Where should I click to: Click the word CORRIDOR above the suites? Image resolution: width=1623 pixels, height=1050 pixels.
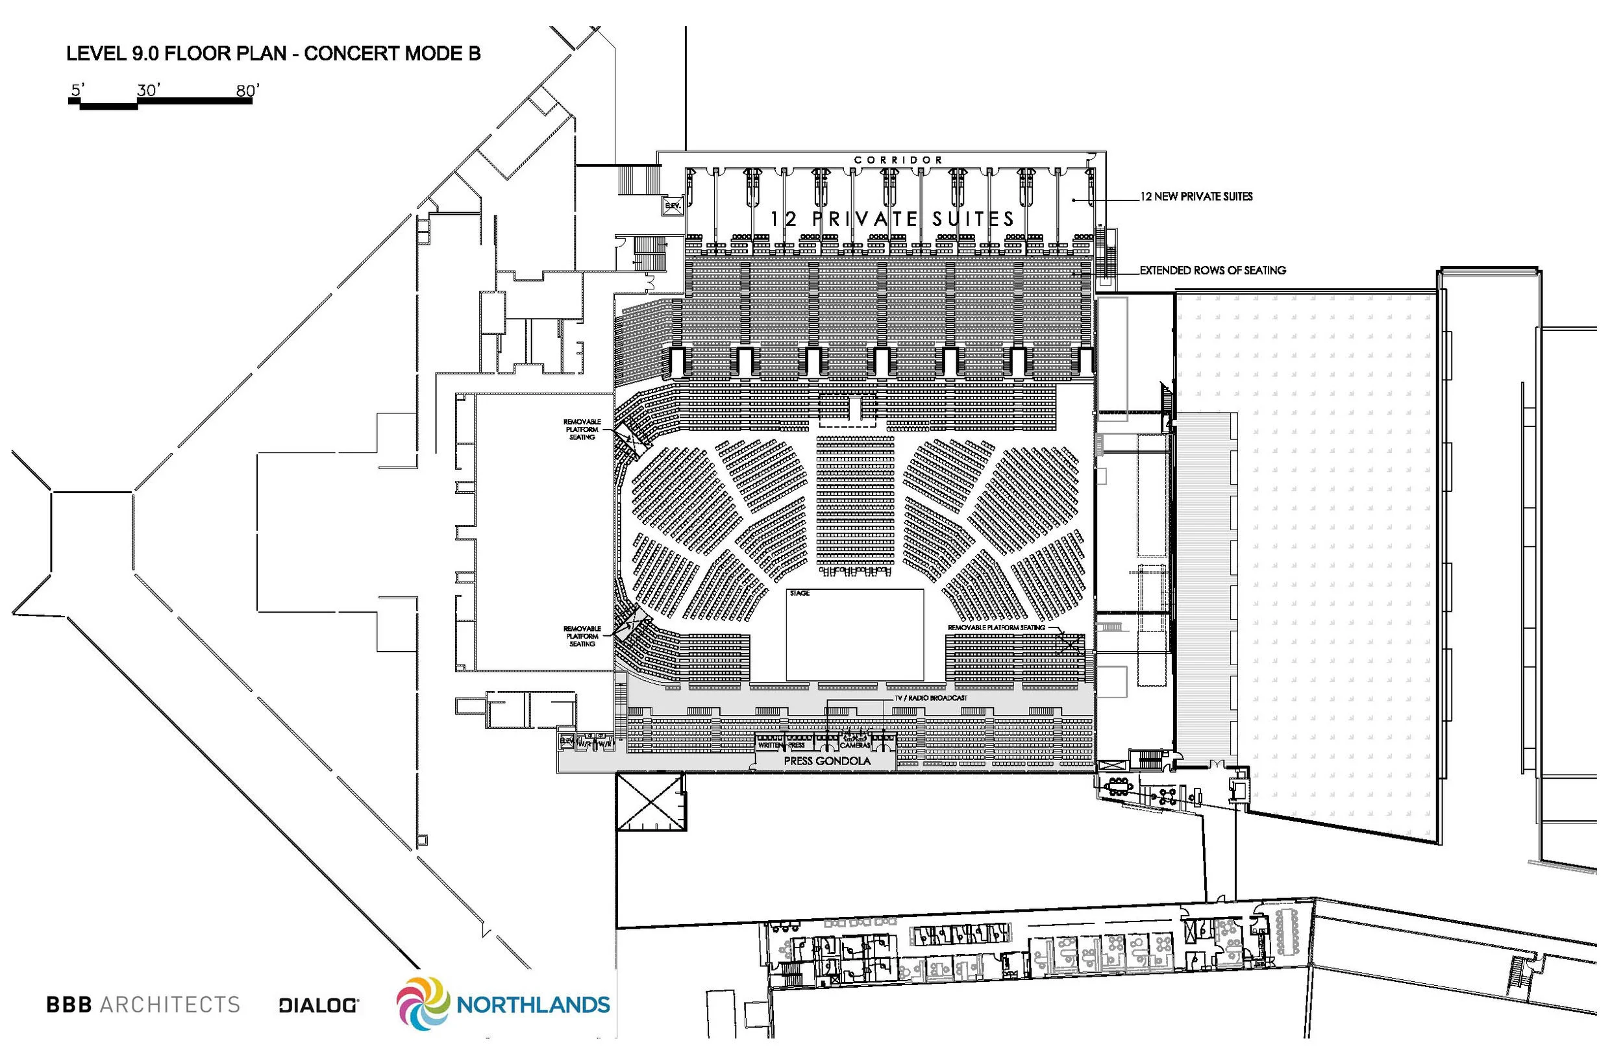click(898, 160)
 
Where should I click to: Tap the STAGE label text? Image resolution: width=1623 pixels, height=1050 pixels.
click(799, 593)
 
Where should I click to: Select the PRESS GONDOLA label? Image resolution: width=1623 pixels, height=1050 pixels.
click(826, 761)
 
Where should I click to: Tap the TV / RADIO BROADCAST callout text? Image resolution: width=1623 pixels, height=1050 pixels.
click(930, 698)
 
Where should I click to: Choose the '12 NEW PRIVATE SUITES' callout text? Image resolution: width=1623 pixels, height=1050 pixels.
click(1196, 197)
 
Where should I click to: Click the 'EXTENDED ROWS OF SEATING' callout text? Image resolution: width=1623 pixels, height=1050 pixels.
click(1213, 271)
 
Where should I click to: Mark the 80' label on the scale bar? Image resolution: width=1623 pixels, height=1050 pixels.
click(247, 91)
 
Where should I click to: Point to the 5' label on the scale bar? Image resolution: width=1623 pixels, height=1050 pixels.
click(78, 90)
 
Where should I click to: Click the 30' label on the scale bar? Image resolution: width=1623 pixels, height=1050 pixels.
click(149, 91)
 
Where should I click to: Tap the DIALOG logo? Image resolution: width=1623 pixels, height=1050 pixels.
click(319, 1006)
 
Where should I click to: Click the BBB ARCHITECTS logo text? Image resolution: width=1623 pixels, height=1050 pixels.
click(143, 1005)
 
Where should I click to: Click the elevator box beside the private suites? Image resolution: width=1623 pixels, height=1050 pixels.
click(673, 206)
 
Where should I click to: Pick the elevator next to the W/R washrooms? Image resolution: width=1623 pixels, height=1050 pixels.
click(567, 741)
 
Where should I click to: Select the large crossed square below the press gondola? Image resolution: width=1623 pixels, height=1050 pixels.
click(650, 801)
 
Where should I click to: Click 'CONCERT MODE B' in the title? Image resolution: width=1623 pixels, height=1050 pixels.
click(392, 54)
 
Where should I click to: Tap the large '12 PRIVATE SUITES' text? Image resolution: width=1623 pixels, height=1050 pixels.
click(893, 219)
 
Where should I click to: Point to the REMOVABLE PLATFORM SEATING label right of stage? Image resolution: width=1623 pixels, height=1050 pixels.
click(996, 628)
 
